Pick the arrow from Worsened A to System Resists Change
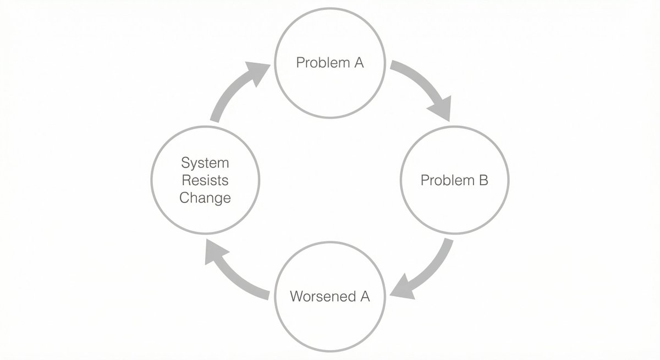click(237, 275)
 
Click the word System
click(205, 163)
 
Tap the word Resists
click(205, 180)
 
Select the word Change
click(205, 197)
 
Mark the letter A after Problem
click(358, 63)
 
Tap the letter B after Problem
click(482, 180)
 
